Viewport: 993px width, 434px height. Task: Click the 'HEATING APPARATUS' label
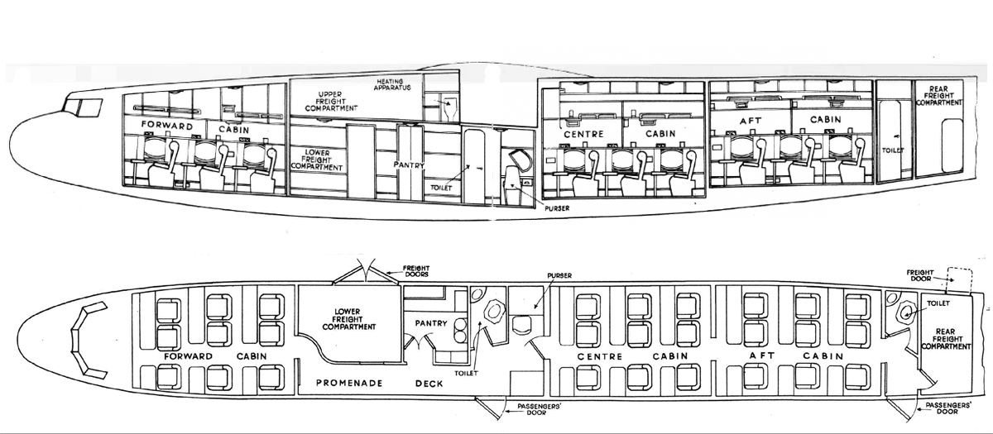click(x=392, y=84)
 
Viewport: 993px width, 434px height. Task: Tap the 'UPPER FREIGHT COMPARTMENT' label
click(x=331, y=102)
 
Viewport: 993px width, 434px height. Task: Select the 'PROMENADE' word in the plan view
click(x=349, y=383)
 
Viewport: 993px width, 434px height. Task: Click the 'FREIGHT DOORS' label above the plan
click(x=415, y=271)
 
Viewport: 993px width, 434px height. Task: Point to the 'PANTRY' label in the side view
click(x=409, y=165)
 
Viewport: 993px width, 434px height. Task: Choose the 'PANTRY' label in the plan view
click(x=431, y=323)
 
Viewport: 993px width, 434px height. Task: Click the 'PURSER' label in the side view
click(x=558, y=208)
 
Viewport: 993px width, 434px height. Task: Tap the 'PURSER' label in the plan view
click(x=559, y=275)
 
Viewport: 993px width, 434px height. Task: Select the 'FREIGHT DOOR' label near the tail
click(x=920, y=275)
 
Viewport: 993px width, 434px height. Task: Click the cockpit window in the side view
click(x=82, y=107)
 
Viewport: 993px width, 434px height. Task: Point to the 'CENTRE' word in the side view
click(x=584, y=134)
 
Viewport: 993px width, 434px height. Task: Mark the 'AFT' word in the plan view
click(x=762, y=355)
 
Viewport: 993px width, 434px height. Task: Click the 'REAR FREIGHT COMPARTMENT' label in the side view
click(x=939, y=95)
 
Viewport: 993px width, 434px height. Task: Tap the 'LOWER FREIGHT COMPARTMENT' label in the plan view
click(x=349, y=319)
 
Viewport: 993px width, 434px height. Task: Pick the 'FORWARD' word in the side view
click(x=167, y=126)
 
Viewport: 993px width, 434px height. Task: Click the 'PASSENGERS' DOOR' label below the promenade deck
click(x=539, y=409)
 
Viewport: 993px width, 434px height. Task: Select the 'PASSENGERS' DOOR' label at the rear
click(x=948, y=408)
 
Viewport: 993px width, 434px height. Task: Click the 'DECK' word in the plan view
click(x=429, y=384)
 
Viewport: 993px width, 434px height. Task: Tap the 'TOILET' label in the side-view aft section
click(x=892, y=150)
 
